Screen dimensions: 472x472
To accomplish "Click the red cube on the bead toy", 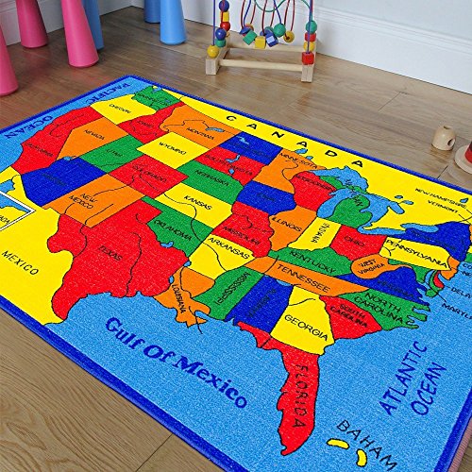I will [308, 57].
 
